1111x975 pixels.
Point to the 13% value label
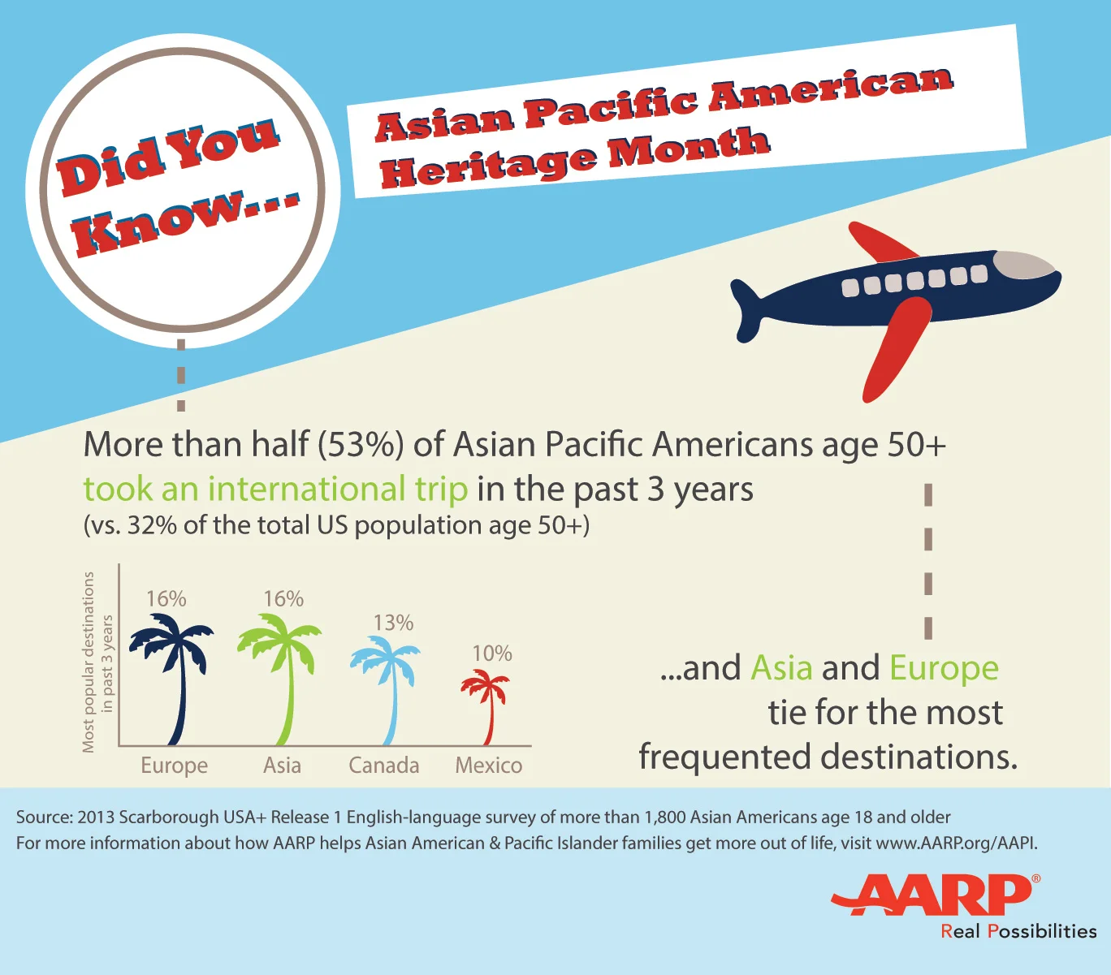point(393,623)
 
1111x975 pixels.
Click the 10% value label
point(492,654)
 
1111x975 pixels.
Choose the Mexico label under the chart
point(489,766)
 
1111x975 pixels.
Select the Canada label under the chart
point(384,766)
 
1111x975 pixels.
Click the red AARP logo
point(934,894)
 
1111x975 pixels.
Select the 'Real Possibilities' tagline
point(1018,931)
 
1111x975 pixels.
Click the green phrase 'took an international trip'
point(275,489)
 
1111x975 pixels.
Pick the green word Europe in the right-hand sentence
point(944,668)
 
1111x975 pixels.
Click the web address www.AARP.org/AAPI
point(956,843)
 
